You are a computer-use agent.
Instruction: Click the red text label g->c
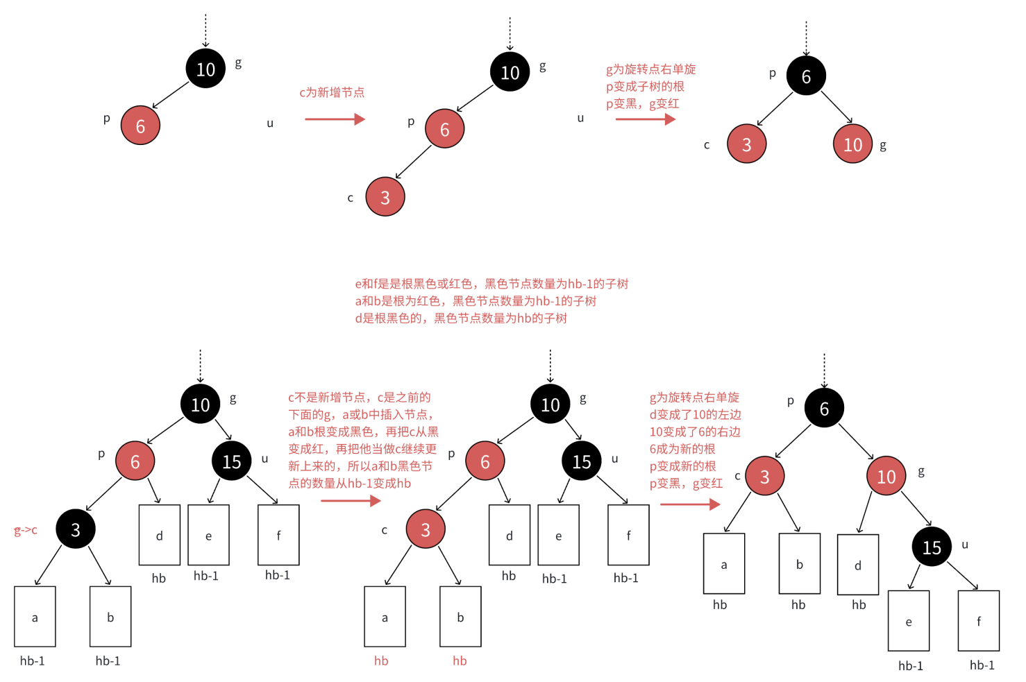26,531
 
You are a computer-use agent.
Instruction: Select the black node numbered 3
76,529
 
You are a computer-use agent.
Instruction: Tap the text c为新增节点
332,92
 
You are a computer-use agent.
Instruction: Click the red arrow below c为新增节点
335,119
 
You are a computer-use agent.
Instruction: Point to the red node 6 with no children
140,126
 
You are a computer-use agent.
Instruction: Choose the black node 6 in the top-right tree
806,76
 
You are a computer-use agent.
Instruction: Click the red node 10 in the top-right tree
852,144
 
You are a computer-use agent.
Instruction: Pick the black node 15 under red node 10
932,547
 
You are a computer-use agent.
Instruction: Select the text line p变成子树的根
645,87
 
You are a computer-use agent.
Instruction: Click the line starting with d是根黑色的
461,318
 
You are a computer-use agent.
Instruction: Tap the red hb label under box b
460,661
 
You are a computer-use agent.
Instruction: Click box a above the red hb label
385,617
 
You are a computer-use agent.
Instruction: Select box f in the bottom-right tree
978,621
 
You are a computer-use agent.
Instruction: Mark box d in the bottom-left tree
159,535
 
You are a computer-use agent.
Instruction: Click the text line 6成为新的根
682,449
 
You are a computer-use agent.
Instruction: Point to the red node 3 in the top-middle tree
385,197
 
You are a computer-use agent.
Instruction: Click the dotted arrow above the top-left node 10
205,31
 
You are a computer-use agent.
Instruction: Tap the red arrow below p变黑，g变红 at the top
645,119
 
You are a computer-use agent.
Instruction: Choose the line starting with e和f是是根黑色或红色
491,284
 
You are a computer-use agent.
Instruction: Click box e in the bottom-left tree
208,535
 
